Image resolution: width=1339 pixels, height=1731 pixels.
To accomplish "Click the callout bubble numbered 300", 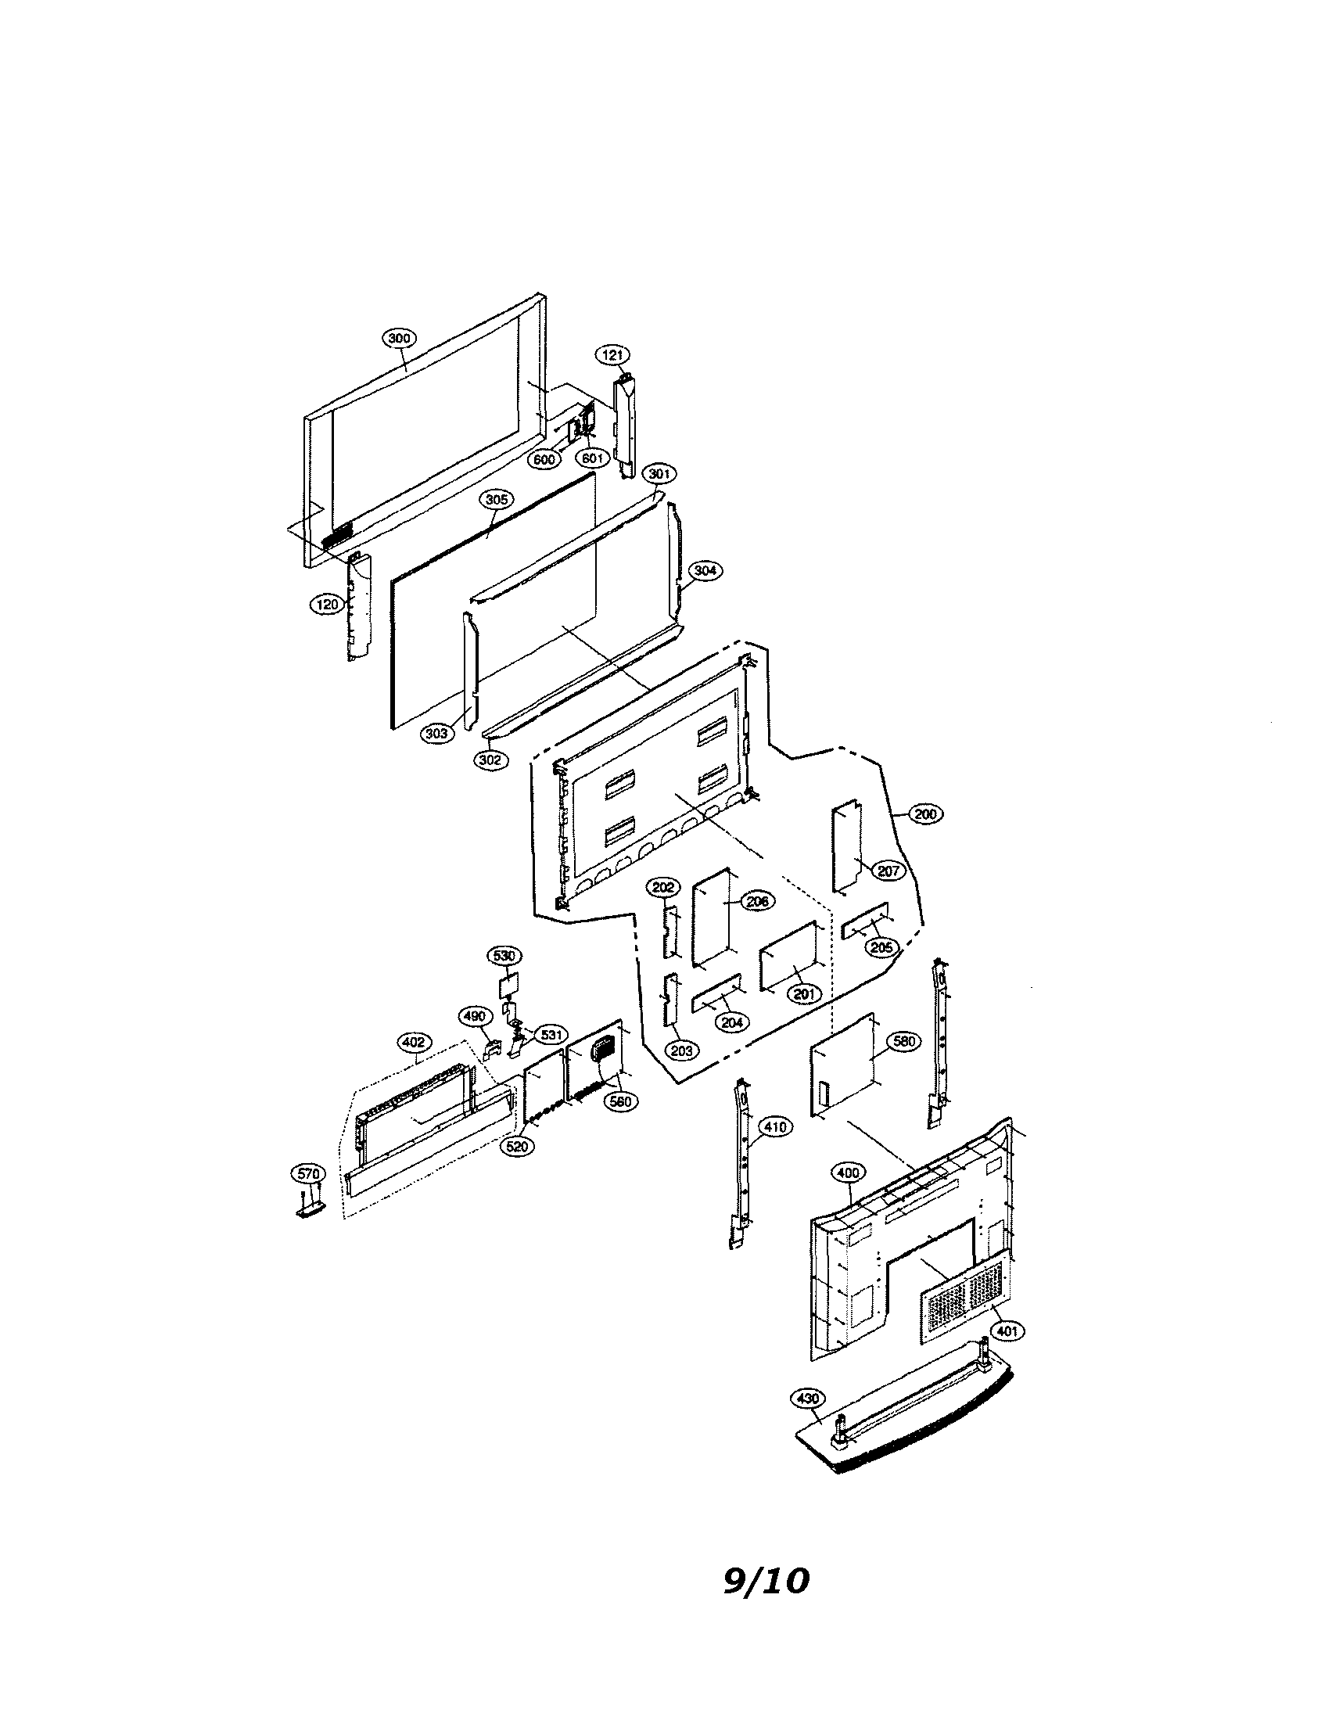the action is point(399,339).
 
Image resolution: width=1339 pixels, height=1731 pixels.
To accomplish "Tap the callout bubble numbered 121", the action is point(612,355).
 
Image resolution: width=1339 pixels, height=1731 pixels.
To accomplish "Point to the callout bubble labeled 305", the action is point(496,500).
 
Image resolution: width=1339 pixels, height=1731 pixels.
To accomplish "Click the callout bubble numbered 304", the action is point(705,570).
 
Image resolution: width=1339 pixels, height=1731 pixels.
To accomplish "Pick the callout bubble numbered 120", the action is point(326,605).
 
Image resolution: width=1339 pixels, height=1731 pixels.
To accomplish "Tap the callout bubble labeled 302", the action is point(491,760).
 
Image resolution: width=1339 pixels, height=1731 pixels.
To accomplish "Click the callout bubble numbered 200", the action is point(925,814).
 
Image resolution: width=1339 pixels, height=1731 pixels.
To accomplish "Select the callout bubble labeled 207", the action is point(888,871).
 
